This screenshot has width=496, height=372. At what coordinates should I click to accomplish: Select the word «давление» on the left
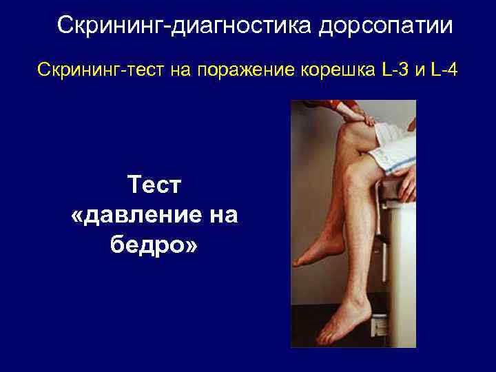(160, 215)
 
